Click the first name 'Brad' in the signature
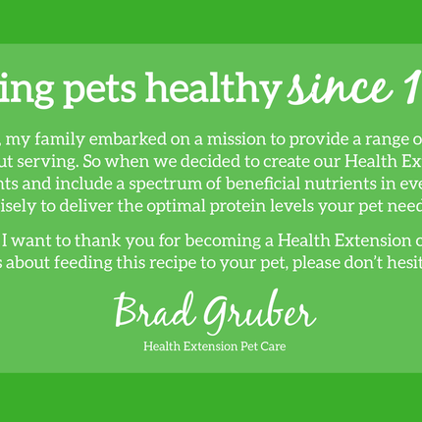(x=155, y=312)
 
